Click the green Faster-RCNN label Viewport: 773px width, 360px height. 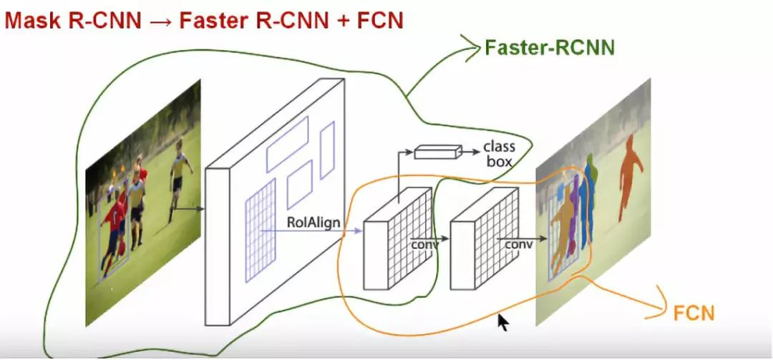[549, 48]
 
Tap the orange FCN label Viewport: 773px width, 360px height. [694, 312]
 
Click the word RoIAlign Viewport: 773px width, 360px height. [313, 223]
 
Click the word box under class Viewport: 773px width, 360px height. [499, 162]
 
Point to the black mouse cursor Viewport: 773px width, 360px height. [503, 321]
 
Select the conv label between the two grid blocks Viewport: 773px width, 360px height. [423, 245]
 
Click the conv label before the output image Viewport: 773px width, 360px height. [519, 245]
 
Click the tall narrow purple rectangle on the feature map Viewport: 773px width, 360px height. [327, 150]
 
